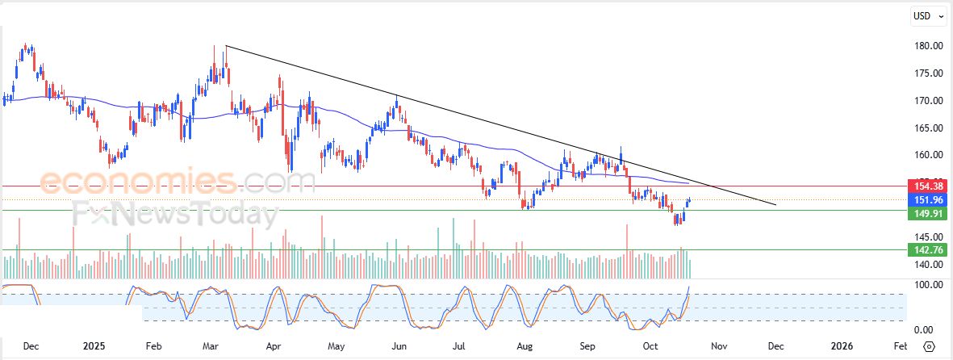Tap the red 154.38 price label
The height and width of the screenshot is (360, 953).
pyautogui.click(x=926, y=186)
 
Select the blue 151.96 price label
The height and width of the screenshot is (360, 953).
pyautogui.click(x=926, y=199)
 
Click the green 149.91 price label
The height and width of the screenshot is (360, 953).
pyautogui.click(x=926, y=214)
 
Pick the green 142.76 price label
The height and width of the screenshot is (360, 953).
pyautogui.click(x=926, y=250)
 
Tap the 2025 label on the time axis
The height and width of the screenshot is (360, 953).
pyautogui.click(x=95, y=346)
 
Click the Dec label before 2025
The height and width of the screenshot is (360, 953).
pyautogui.click(x=31, y=346)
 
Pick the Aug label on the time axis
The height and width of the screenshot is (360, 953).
pyautogui.click(x=525, y=346)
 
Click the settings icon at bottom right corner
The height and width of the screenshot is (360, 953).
pyautogui.click(x=929, y=346)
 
